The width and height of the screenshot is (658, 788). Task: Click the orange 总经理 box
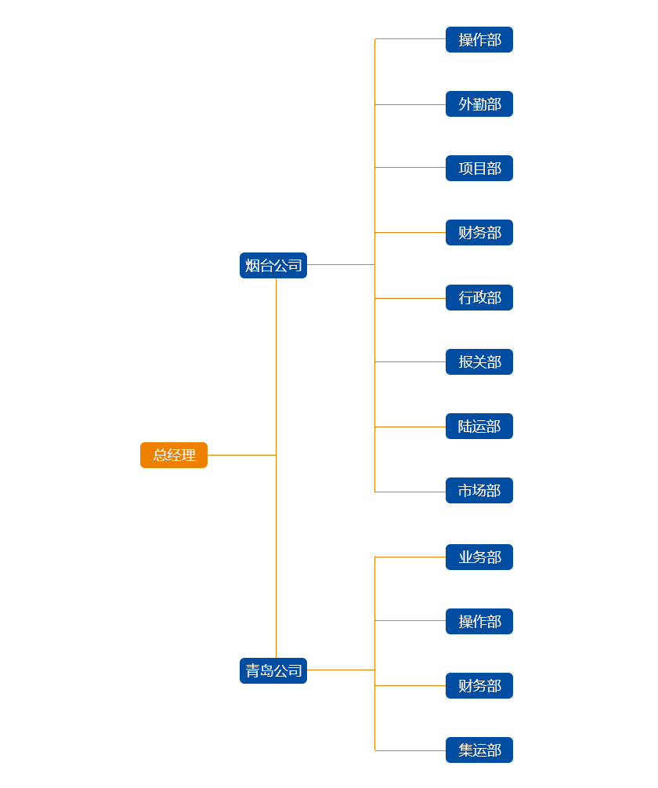click(174, 455)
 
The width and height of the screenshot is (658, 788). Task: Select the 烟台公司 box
click(273, 265)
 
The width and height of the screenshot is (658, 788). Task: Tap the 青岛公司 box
click(273, 670)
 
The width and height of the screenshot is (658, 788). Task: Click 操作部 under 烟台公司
click(479, 39)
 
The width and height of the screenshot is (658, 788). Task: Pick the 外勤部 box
click(479, 103)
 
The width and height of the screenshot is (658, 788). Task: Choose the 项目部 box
click(479, 168)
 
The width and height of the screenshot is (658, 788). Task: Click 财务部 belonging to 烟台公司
click(479, 232)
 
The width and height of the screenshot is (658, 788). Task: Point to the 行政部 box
click(479, 297)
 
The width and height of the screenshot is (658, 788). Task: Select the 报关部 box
click(479, 361)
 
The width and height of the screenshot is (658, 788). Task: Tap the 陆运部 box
click(479, 426)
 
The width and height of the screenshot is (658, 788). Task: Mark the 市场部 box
click(479, 490)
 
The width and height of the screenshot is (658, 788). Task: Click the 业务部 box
click(479, 557)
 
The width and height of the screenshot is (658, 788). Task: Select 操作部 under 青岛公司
click(479, 621)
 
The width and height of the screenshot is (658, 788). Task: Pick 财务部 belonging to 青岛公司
click(479, 685)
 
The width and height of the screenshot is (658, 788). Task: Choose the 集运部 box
click(479, 750)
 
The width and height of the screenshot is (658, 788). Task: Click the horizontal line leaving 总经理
click(241, 455)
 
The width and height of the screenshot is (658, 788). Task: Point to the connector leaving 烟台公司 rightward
click(341, 265)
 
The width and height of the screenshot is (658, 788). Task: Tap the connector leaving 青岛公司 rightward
click(341, 670)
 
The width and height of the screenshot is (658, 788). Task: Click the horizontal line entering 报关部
click(410, 361)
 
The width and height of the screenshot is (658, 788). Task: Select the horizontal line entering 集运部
click(410, 750)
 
